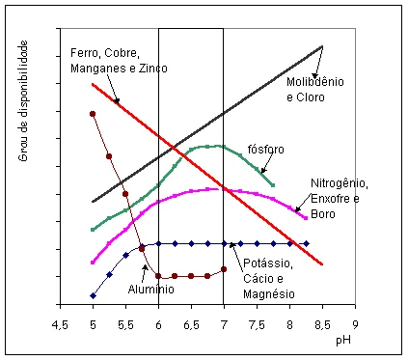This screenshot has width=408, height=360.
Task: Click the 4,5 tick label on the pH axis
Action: [60, 324]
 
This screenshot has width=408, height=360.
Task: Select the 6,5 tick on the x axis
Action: [191, 324]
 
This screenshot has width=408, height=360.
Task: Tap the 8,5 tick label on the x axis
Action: [322, 324]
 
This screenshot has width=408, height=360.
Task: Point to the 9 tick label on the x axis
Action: [355, 324]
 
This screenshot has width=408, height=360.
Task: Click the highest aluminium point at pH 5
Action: [93, 114]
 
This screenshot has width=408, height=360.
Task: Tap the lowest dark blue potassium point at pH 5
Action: [93, 295]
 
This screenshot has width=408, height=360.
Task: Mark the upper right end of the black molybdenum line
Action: [322, 45]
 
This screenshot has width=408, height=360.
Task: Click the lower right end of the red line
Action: [322, 263]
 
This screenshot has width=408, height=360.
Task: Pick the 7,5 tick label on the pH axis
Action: [257, 324]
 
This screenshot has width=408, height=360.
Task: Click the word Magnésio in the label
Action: [271, 293]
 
